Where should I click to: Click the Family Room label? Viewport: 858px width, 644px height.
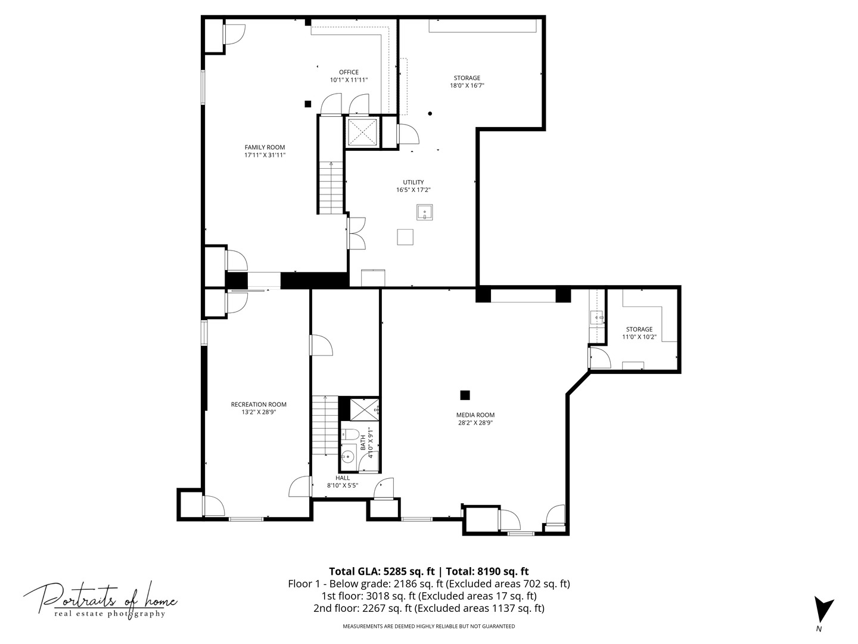click(265, 147)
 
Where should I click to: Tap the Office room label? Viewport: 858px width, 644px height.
click(349, 72)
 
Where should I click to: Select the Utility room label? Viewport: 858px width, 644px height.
click(413, 182)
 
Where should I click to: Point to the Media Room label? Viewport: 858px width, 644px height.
click(475, 415)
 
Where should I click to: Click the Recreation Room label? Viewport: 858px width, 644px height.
click(259, 404)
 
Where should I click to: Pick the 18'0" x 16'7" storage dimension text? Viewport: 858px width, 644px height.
click(467, 85)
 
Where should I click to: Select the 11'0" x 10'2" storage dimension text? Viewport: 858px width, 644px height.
click(639, 337)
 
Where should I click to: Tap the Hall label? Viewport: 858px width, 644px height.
click(343, 478)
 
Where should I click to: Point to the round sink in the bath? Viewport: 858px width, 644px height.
click(347, 457)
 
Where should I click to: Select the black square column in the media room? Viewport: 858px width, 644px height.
click(465, 395)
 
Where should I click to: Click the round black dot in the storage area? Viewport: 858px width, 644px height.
click(430, 113)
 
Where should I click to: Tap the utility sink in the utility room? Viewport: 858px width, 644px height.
click(424, 212)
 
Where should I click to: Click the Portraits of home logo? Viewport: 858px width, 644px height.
click(100, 599)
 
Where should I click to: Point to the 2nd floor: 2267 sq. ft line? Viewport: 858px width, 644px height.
click(428, 608)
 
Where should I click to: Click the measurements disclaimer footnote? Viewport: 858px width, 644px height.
click(428, 626)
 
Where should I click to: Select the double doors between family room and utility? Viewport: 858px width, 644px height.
click(356, 233)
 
